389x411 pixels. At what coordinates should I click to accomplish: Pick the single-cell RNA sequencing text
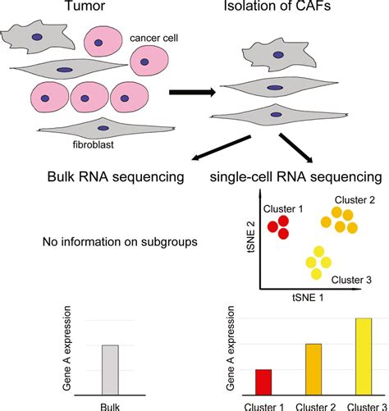(295, 177)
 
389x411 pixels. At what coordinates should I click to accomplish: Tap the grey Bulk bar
(110, 370)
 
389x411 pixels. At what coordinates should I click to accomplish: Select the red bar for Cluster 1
(263, 382)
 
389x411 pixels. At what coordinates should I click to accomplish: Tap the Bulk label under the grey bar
(110, 404)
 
